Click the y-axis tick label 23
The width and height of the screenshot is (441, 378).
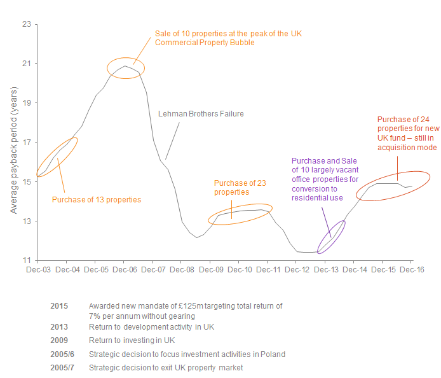point(26,25)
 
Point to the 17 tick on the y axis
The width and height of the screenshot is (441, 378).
point(26,143)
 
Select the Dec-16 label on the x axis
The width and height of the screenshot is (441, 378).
point(410,270)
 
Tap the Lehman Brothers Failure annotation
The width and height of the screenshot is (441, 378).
point(201,114)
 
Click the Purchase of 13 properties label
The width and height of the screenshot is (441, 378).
point(97,199)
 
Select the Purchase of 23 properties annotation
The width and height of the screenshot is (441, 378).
point(240,187)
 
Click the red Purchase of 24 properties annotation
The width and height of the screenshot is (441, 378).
point(407,133)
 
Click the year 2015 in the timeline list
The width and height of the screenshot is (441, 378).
point(59,306)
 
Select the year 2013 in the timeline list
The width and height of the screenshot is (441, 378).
point(59,326)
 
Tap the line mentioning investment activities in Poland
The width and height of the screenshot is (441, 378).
point(187,354)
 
